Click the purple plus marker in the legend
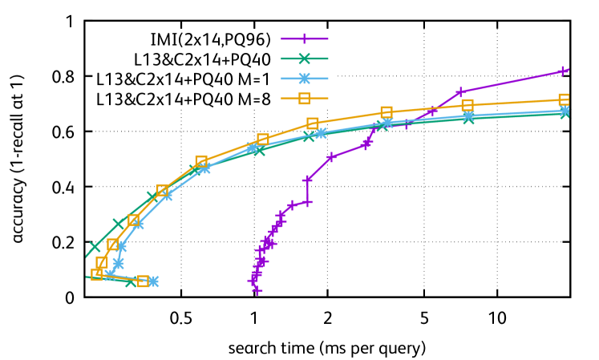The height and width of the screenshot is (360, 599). (304, 38)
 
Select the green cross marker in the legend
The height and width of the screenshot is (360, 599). (304, 59)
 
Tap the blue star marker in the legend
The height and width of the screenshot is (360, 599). (304, 79)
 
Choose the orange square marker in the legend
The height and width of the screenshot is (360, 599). (304, 99)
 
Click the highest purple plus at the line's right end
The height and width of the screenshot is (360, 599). (563, 71)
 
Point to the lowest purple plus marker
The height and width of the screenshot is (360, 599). (257, 290)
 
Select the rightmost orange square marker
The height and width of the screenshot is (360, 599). (565, 99)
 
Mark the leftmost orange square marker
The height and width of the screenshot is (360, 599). (96, 274)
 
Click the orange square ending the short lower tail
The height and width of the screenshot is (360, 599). (143, 281)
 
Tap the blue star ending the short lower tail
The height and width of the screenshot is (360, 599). (153, 281)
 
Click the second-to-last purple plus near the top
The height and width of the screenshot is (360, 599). (460, 92)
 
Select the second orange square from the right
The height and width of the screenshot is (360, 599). (467, 104)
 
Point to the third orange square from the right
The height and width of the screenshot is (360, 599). (387, 111)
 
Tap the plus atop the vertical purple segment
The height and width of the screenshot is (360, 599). (307, 180)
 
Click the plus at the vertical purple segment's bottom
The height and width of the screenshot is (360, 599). (307, 202)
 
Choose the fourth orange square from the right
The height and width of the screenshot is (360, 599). (313, 123)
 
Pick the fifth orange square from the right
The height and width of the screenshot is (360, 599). (263, 140)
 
